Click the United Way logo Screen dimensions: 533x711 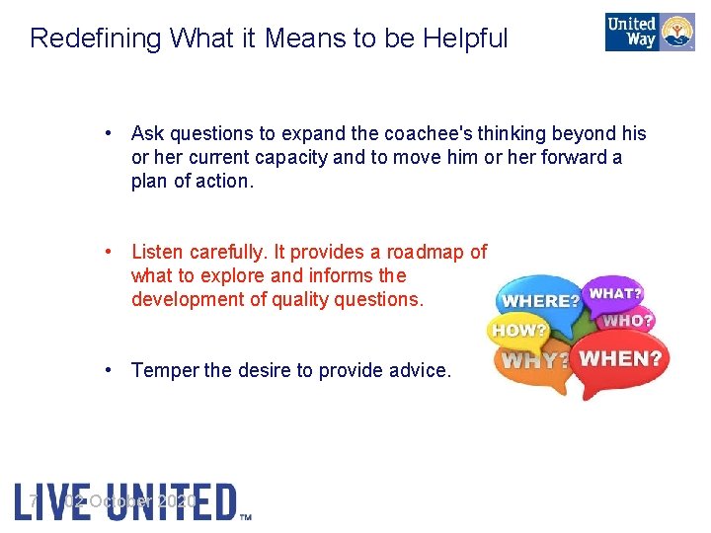(650, 32)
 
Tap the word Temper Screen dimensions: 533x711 (165, 370)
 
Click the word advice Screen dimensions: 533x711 (420, 370)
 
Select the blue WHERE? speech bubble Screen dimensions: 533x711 (539, 298)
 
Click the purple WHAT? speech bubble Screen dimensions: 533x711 (614, 292)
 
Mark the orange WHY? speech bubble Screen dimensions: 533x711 (533, 361)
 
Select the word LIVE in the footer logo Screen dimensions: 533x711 (43, 501)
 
